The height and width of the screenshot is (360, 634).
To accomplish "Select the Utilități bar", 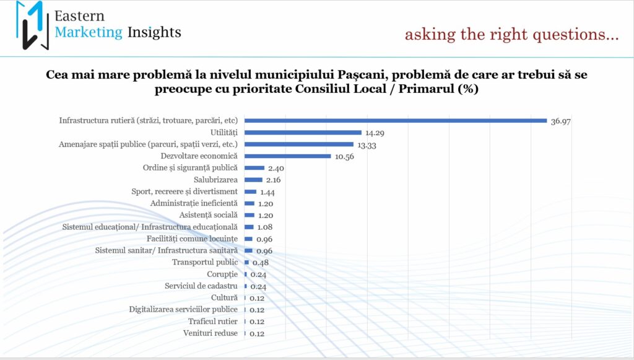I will click(x=303, y=132).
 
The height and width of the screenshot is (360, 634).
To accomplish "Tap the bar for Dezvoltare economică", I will click(x=288, y=156).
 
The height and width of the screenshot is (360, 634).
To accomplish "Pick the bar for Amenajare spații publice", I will click(x=299, y=144).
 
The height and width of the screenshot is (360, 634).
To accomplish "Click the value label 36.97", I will click(x=560, y=121).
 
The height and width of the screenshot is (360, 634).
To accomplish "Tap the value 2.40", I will click(x=276, y=168).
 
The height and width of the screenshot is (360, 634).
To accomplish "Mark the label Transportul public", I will click(x=205, y=262).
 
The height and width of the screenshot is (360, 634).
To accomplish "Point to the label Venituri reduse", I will click(x=211, y=333).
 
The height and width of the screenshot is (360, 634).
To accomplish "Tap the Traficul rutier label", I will click(x=212, y=322).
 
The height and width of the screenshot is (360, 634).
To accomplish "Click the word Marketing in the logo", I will click(x=89, y=32).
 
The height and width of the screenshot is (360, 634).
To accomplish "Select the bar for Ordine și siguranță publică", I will click(x=254, y=168).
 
